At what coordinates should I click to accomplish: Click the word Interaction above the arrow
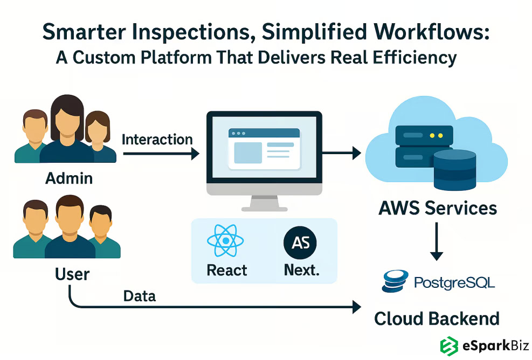click(157, 140)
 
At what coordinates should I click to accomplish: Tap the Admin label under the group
click(69, 178)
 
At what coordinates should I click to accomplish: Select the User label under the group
click(72, 274)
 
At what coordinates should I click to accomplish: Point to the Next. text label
click(301, 270)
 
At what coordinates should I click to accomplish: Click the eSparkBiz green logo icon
click(449, 345)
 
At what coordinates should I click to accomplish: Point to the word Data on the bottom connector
click(140, 295)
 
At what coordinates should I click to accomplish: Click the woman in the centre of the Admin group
click(67, 129)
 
